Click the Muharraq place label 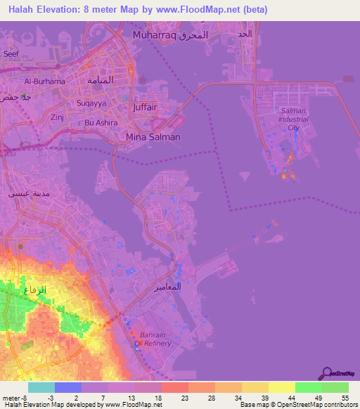pos(154,34)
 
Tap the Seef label pos(11,53)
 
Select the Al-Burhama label pos(44,81)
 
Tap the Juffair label pos(145,108)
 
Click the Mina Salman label pos(153,137)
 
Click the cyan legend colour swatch pos(41,387)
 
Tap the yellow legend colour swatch pos(281,387)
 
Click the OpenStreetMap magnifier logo pos(326,373)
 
